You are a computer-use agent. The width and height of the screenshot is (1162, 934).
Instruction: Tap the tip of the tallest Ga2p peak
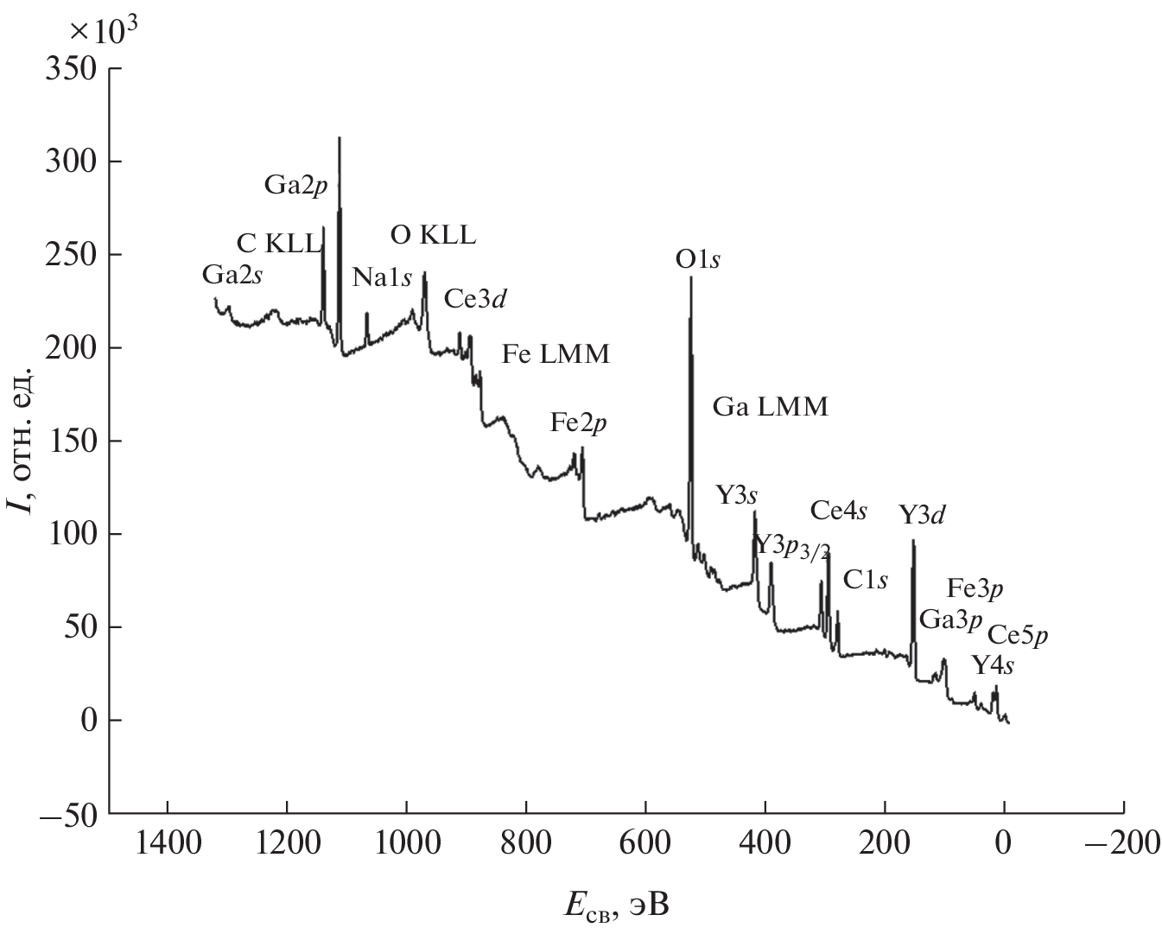click(340, 138)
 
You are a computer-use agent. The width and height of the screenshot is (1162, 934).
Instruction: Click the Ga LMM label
click(770, 406)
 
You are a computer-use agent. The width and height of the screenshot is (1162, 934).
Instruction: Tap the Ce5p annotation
click(1018, 635)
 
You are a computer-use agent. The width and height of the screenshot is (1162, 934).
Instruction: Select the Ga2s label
click(232, 275)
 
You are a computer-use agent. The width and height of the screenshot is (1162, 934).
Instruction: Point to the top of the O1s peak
click(690, 277)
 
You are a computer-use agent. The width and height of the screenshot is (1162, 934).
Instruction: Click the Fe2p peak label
click(579, 423)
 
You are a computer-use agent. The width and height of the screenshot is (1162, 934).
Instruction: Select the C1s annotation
click(866, 580)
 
